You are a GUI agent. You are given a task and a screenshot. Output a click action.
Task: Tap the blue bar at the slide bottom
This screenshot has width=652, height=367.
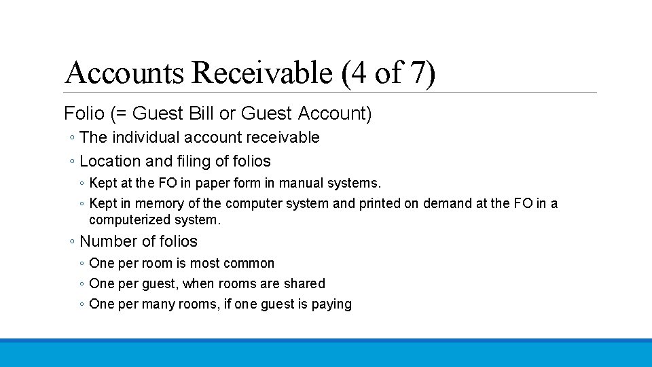point(326,353)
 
